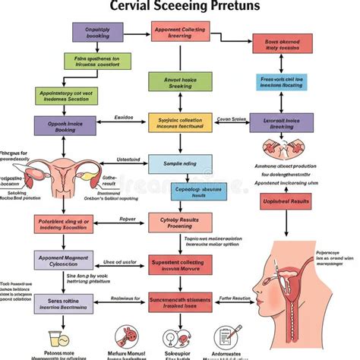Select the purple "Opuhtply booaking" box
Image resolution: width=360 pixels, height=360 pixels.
tap(97, 32)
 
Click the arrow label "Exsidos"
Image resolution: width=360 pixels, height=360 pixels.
tap(123, 118)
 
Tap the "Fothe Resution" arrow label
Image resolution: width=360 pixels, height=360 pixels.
tap(235, 298)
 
